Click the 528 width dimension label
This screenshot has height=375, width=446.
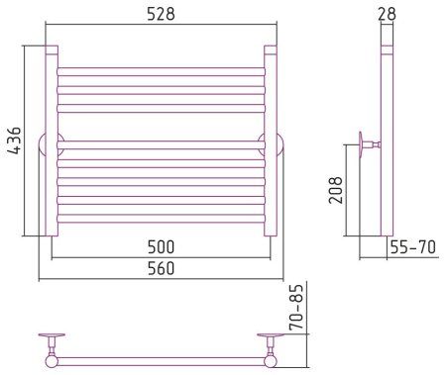161,15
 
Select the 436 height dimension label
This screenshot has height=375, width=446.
15,141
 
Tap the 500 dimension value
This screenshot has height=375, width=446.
161,246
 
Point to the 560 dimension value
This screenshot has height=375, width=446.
161,268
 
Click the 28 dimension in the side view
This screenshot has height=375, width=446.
387,14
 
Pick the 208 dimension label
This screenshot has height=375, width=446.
336,190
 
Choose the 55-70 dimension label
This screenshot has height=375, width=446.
413,247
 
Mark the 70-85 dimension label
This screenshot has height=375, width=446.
296,308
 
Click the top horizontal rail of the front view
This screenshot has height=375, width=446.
161,71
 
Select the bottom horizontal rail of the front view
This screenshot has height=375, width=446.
161,219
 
